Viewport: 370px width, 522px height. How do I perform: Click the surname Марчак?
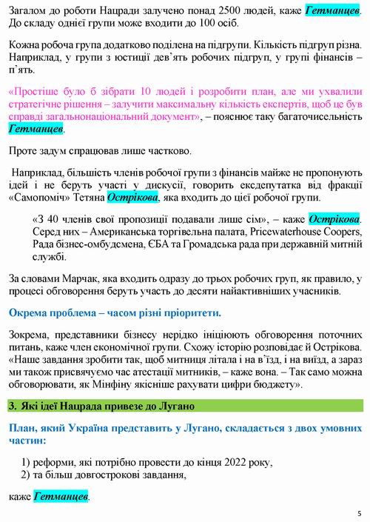[x=85, y=278]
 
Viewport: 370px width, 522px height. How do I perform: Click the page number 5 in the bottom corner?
[x=359, y=513]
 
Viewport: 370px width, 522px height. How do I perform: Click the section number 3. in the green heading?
[x=13, y=405]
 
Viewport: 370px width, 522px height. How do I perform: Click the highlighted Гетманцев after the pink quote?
[x=36, y=129]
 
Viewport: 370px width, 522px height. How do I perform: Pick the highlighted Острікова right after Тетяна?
[x=132, y=198]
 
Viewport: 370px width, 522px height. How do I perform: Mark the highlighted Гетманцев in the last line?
[x=61, y=495]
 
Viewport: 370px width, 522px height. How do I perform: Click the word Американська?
[x=117, y=232]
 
